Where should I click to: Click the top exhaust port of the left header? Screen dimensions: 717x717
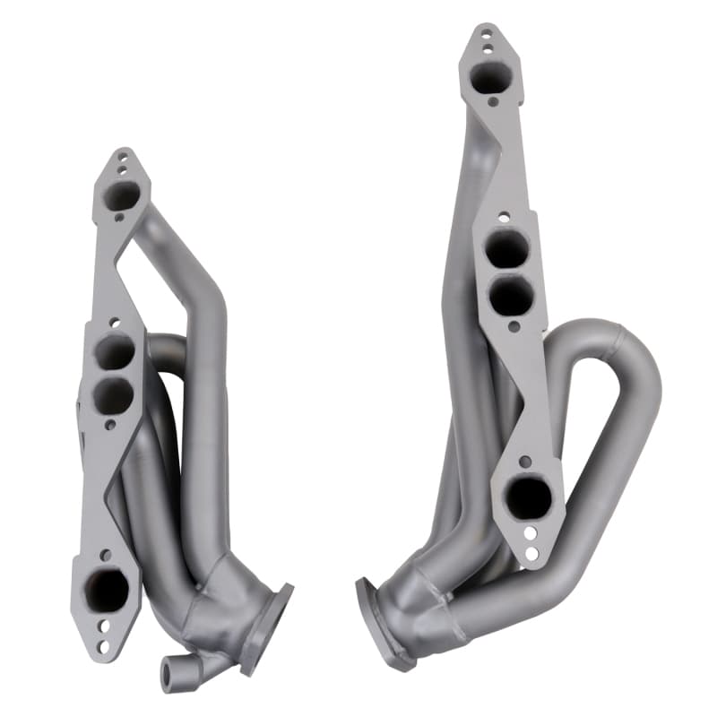coord(122,194)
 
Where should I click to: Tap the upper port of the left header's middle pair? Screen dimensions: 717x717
coord(116,352)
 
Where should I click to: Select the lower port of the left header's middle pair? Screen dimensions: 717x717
coord(114,394)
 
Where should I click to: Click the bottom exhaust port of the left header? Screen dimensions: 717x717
coord(108,590)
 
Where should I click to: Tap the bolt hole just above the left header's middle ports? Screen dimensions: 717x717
coord(115,321)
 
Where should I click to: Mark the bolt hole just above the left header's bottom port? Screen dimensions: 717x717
coord(106,555)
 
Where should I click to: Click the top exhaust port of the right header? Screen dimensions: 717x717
coord(489,77)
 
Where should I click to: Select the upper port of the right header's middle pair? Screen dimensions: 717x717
coord(507,248)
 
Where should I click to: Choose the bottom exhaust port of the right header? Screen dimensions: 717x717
coord(531,497)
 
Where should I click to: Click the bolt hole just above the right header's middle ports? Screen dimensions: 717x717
coord(504,216)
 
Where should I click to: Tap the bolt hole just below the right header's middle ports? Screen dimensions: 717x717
coord(514,327)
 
